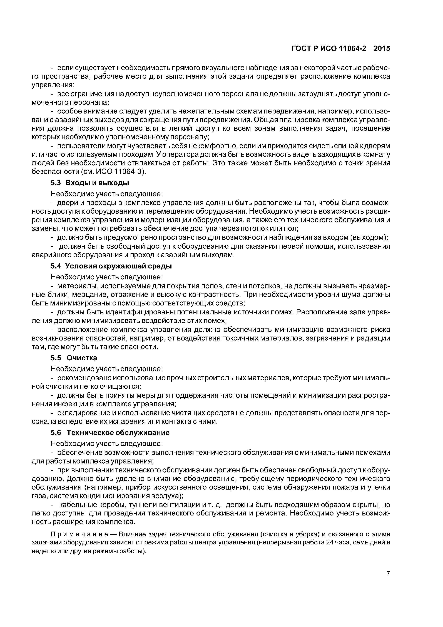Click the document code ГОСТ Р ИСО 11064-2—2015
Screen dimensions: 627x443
(x=341, y=49)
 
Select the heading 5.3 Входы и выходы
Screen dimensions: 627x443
(x=90, y=183)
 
